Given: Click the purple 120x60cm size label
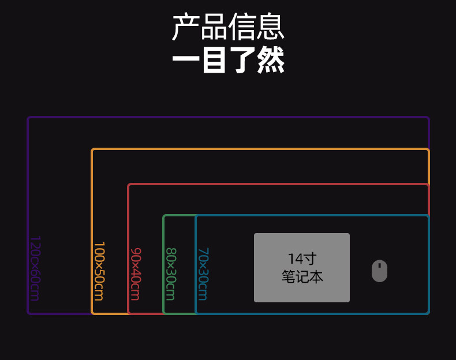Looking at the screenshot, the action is pyautogui.click(x=35, y=268).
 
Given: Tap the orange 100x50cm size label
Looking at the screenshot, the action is pyautogui.click(x=99, y=271).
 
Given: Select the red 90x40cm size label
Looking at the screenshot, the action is pyautogui.click(x=136, y=274).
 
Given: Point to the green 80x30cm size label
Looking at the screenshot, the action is pyautogui.click(x=170, y=274).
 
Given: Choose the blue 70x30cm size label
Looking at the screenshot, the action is pyautogui.click(x=203, y=274).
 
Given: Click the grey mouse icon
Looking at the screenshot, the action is pyautogui.click(x=379, y=271).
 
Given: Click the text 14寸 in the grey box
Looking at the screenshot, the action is pyautogui.click(x=302, y=259).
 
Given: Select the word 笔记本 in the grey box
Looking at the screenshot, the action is pyautogui.click(x=302, y=277).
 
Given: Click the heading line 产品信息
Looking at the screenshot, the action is pyautogui.click(x=228, y=27).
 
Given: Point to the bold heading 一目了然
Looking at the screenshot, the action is pyautogui.click(x=228, y=61).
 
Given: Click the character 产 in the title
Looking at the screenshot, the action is pyautogui.click(x=186, y=27).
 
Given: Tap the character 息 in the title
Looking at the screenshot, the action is pyautogui.click(x=271, y=27).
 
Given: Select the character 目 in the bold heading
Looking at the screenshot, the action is pyautogui.click(x=214, y=61).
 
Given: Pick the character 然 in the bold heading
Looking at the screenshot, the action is pyautogui.click(x=271, y=61).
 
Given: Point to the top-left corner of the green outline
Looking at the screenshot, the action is pyautogui.click(x=165, y=216).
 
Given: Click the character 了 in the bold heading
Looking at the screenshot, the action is pyautogui.click(x=242, y=61).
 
